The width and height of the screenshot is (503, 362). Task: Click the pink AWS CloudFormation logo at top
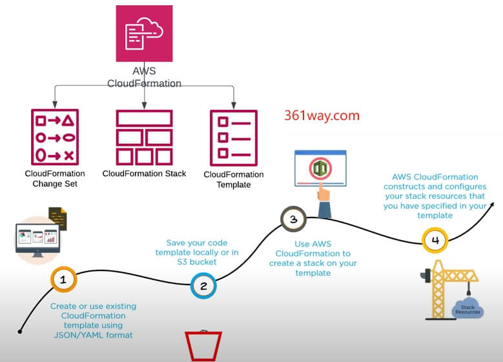144,34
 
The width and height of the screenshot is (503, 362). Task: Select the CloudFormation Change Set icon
54,137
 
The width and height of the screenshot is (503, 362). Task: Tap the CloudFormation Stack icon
144,137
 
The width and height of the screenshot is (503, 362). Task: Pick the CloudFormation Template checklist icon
233,137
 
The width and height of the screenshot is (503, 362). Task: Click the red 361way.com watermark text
322,116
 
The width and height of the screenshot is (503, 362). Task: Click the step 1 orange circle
63,279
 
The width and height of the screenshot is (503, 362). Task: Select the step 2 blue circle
203,286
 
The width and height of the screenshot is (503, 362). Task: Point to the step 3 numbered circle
293,219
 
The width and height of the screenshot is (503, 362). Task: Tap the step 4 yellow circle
435,241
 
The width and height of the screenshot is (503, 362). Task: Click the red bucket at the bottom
203,345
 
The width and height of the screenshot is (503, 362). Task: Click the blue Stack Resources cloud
467,308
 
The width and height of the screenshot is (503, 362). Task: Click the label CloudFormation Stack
144,174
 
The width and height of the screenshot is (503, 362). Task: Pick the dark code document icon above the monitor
58,219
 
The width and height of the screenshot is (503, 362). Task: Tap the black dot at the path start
20,332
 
